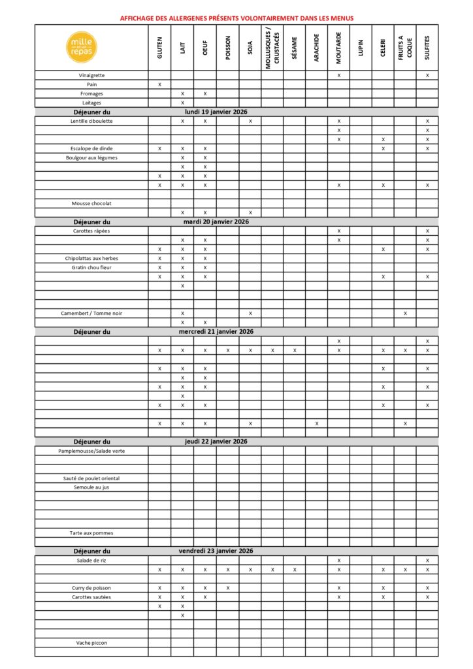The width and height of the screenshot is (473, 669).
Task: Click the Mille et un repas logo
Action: pyautogui.click(x=82, y=47)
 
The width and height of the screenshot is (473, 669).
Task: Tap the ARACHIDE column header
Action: pyautogui.click(x=316, y=48)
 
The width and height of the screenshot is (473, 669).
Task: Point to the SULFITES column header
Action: pyautogui.click(x=427, y=48)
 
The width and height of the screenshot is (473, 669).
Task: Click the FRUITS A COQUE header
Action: pyautogui.click(x=405, y=48)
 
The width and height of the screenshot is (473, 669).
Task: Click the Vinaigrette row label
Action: pyautogui.click(x=91, y=76)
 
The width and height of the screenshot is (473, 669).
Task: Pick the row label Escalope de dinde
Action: pyautogui.click(x=91, y=149)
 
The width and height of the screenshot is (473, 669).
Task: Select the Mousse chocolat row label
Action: pyautogui.click(x=91, y=203)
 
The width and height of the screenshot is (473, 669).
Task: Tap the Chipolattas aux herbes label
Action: pyautogui.click(x=91, y=259)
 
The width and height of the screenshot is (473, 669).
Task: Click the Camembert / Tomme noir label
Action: pyautogui.click(x=91, y=314)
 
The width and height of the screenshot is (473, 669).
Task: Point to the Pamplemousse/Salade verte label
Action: pyautogui.click(x=91, y=451)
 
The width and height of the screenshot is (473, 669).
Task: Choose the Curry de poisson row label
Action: pyautogui.click(x=91, y=588)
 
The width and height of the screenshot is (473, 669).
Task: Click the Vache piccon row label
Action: pyautogui.click(x=91, y=643)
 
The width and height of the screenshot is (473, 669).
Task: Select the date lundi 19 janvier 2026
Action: pyautogui.click(x=216, y=112)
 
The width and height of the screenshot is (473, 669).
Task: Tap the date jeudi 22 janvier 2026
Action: pyautogui.click(x=216, y=442)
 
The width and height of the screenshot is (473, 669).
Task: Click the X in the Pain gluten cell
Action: pyautogui.click(x=159, y=85)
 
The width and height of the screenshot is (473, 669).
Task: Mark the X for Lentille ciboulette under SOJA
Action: pyautogui.click(x=250, y=122)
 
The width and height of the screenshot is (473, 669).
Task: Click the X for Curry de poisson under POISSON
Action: pyautogui.click(x=227, y=588)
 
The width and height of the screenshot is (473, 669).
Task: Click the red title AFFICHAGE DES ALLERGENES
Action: pyautogui.click(x=236, y=18)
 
